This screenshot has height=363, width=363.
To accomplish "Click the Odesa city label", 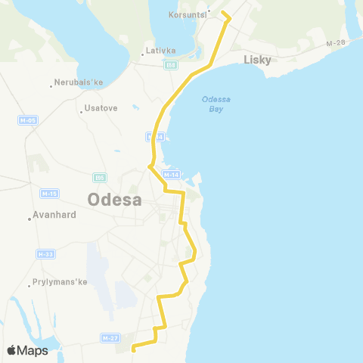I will (115, 200).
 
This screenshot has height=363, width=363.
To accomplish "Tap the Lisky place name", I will (257, 59).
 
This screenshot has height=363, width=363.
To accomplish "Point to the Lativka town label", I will (161, 51).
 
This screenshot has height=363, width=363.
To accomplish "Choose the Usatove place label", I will (101, 108).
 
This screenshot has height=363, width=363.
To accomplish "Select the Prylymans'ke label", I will (61, 282).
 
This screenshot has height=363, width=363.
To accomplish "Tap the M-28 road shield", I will (335, 43).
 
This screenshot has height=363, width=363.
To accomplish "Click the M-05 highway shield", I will (27, 120).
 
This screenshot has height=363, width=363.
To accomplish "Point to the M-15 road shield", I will (49, 194).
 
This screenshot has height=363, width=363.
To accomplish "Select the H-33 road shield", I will (45, 254).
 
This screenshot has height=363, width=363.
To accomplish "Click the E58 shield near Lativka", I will (171, 65).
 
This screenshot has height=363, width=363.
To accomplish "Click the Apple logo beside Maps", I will (12, 350).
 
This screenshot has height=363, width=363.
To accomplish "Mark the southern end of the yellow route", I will (133, 349).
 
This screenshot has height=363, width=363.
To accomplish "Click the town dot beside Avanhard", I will (30, 219).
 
